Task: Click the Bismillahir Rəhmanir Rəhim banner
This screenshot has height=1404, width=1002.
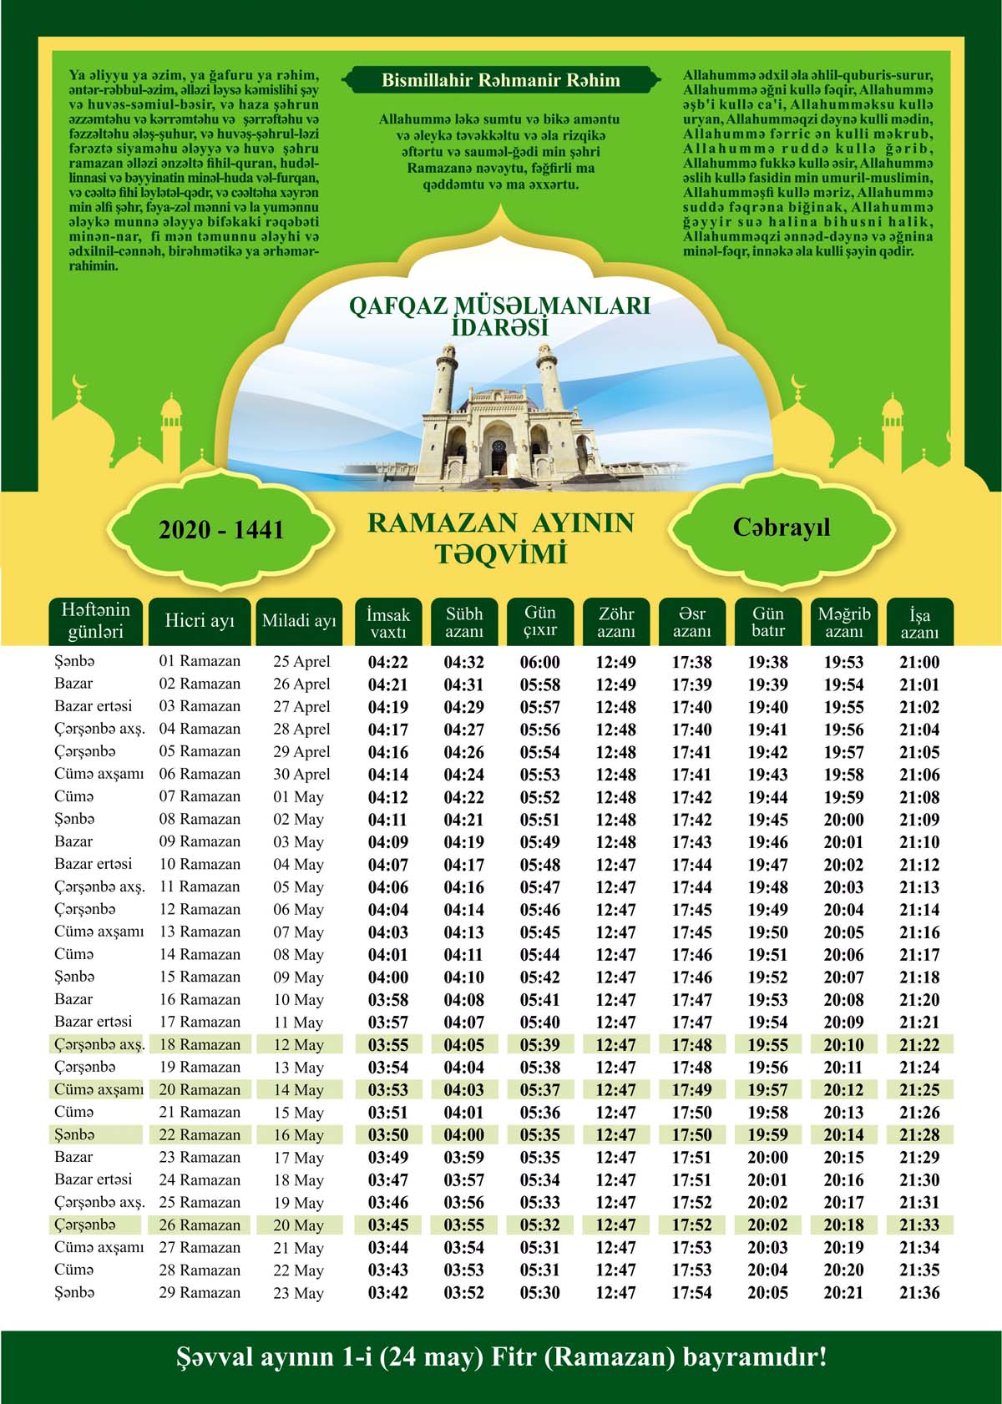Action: tap(500, 81)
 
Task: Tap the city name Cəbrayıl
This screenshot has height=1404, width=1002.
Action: tap(782, 528)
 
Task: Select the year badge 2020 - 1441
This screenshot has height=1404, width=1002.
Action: tap(221, 530)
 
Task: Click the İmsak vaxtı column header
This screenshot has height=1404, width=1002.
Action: tap(388, 622)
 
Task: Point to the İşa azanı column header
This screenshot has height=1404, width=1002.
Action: tap(919, 623)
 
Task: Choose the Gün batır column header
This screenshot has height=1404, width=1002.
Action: tap(767, 622)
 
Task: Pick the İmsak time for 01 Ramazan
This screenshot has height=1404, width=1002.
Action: tap(388, 663)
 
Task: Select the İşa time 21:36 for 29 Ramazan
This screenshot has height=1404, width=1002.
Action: tap(919, 1293)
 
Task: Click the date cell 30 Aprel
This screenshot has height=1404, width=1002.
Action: tap(301, 775)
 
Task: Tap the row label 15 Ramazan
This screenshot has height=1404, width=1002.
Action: tap(200, 977)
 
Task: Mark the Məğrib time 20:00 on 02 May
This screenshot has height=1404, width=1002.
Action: tap(843, 820)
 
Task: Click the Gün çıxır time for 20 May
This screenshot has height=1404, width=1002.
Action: tap(540, 1225)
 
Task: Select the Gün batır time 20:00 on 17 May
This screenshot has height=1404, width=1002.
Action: tap(767, 1158)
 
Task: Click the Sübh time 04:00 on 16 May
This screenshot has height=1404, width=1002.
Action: tap(464, 1135)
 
